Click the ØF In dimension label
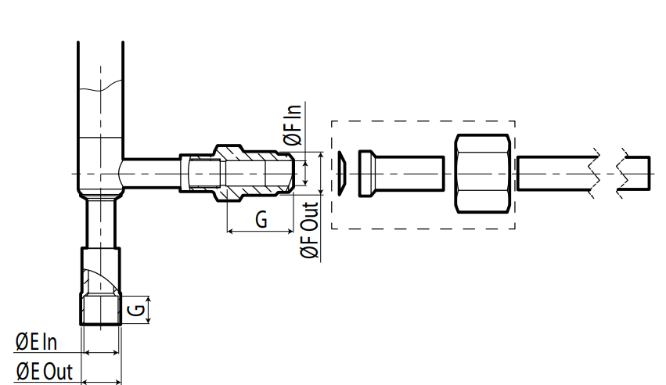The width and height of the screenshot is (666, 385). (x=292, y=124)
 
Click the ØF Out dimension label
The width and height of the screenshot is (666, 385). (x=309, y=231)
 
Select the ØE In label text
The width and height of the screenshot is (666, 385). (x=36, y=342)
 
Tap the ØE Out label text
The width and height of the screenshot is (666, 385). (x=44, y=372)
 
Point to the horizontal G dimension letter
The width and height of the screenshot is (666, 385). (x=261, y=220)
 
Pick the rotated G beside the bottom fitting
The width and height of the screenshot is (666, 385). (x=136, y=309)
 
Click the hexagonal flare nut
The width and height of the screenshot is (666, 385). (x=483, y=174)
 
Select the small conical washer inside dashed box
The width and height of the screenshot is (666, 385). (x=342, y=174)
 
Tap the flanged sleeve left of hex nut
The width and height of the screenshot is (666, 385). (x=401, y=174)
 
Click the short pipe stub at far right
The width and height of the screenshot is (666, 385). (x=635, y=174)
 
